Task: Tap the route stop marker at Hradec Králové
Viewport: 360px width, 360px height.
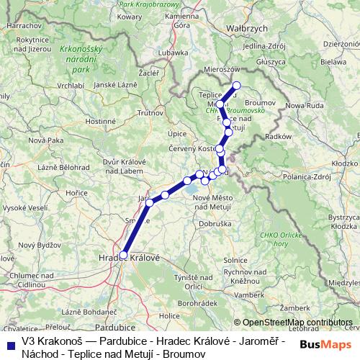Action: tap(124, 255)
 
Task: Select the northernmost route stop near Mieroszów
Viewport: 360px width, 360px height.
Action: tap(236, 86)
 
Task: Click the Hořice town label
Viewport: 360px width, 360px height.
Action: tap(76, 193)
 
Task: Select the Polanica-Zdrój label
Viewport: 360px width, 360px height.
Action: tap(307, 176)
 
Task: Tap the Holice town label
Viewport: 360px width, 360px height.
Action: tap(169, 316)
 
